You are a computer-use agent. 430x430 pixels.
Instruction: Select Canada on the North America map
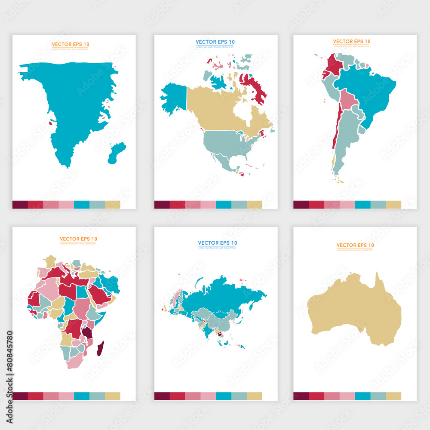(215, 107)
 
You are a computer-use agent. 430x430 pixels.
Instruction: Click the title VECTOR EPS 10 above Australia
(355, 245)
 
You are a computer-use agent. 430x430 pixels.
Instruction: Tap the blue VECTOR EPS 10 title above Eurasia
(217, 243)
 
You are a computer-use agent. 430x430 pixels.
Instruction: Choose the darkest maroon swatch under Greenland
(20, 204)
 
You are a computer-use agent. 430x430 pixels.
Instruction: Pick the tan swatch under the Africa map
(113, 396)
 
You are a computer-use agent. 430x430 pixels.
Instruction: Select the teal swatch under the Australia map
(362, 396)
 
